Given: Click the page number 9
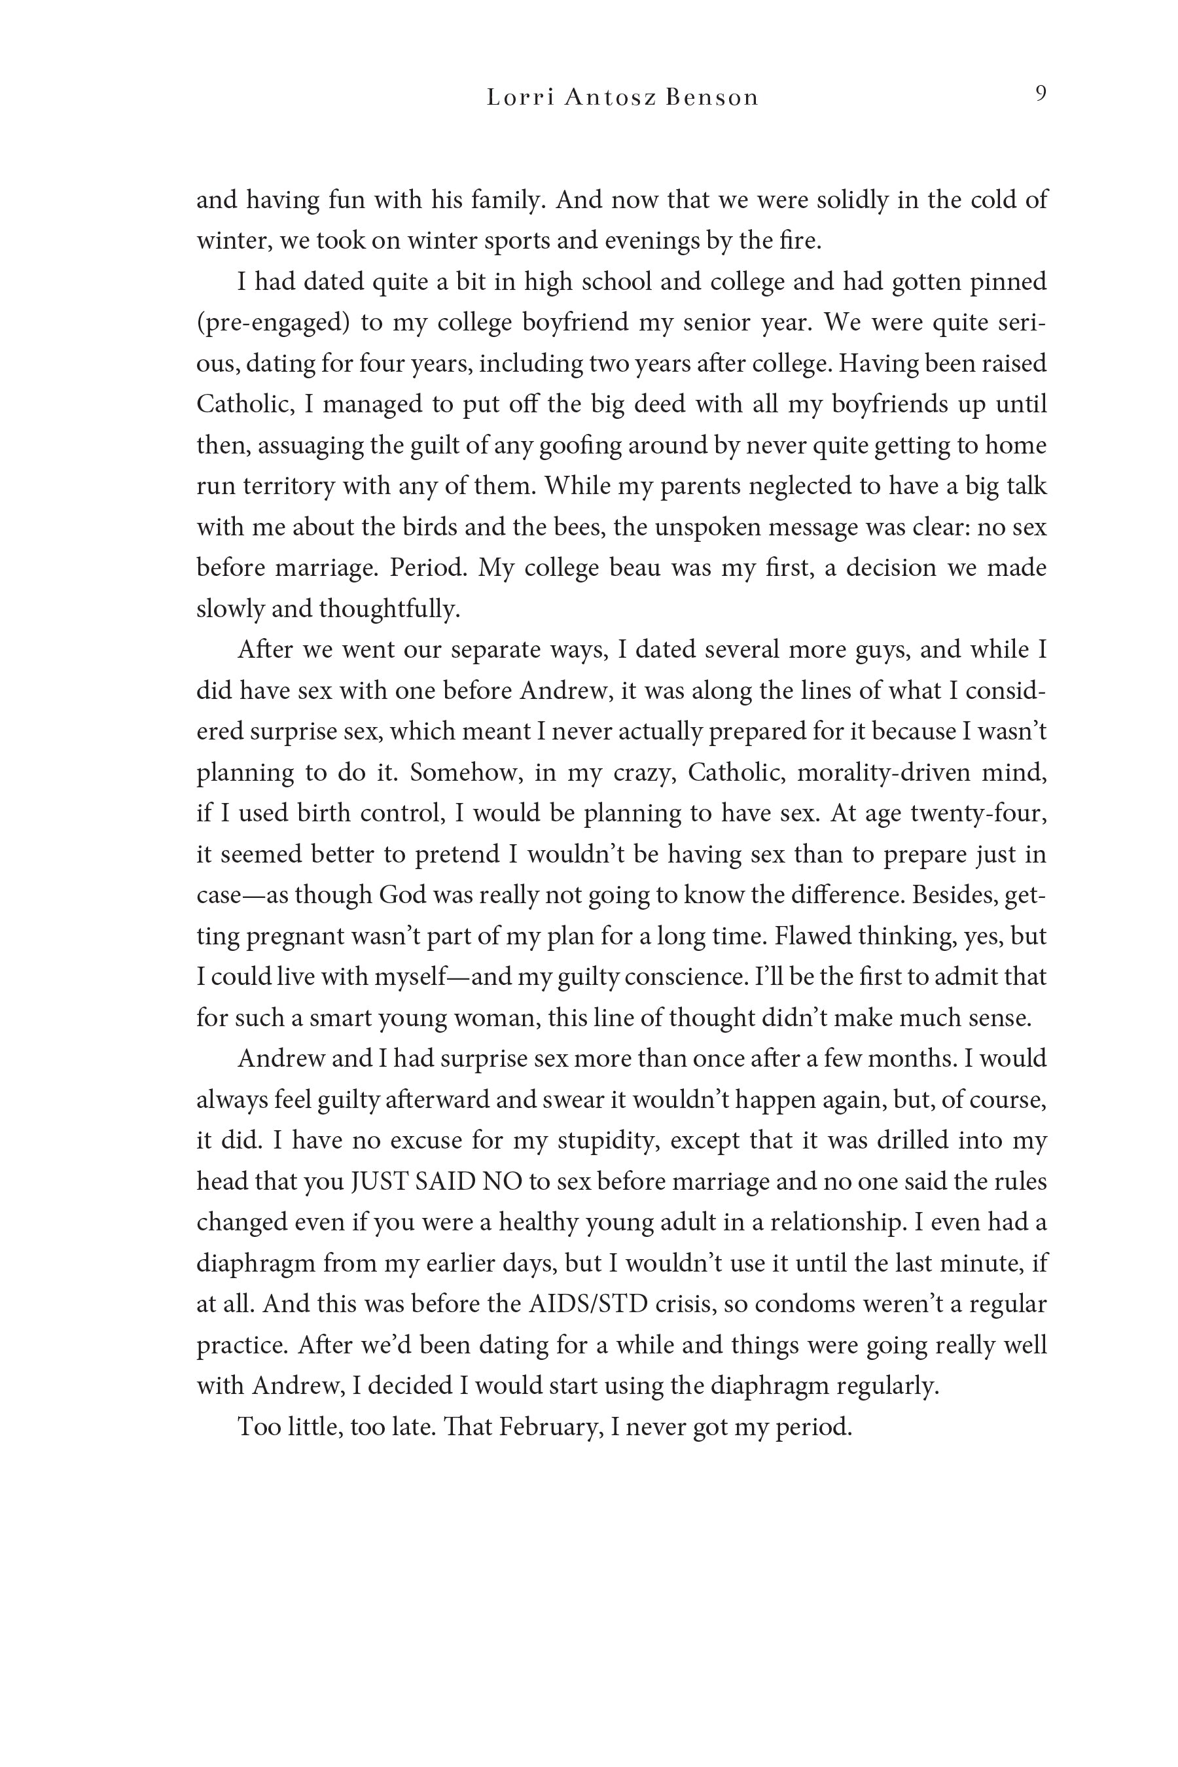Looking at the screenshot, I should click(x=1041, y=94).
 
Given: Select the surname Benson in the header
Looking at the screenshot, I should click(x=711, y=98).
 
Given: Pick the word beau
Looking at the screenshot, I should click(x=630, y=568).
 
